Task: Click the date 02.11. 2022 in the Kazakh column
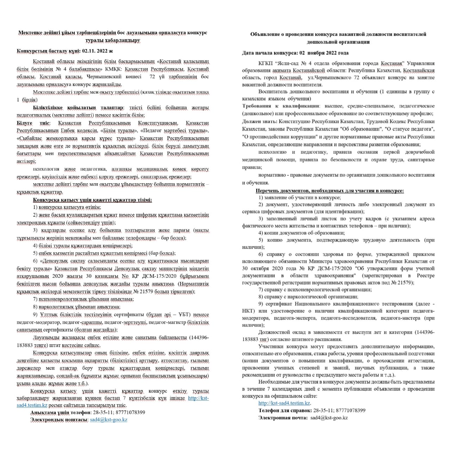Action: (x=94, y=51)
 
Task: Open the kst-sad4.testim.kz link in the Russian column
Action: (x=284, y=403)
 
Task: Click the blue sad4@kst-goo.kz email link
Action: (x=109, y=420)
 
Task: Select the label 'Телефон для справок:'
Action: (x=285, y=410)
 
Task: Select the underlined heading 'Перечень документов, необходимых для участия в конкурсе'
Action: (x=329, y=191)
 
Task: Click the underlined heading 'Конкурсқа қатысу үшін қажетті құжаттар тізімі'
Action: (x=92, y=200)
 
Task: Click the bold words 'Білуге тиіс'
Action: (x=33, y=123)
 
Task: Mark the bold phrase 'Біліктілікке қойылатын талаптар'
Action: (x=78, y=107)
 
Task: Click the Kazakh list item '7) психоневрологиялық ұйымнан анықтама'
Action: (x=83, y=299)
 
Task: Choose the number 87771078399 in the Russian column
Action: (x=351, y=410)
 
